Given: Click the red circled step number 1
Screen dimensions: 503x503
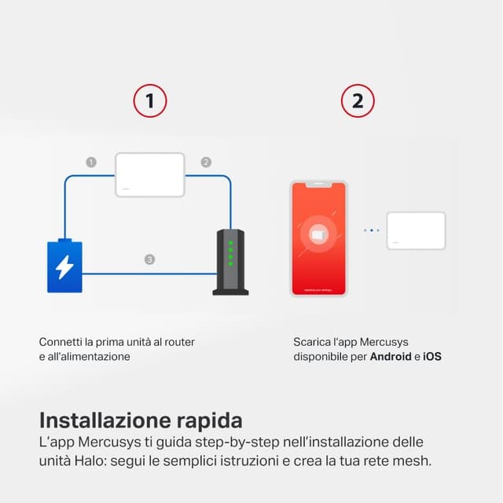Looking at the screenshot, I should [150, 101].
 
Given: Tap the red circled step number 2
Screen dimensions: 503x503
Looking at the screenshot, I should [358, 101].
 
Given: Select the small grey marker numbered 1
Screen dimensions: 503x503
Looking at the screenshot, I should [91, 162].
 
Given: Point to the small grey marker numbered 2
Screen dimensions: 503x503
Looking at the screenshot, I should [206, 162].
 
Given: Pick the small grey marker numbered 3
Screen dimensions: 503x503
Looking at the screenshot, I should [149, 259].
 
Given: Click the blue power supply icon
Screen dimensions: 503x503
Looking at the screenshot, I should [64, 266].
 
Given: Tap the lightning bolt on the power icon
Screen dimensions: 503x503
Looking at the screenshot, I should [64, 267].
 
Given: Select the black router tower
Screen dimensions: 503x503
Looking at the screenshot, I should [230, 262].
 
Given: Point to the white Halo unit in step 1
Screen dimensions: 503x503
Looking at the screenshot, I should [150, 174].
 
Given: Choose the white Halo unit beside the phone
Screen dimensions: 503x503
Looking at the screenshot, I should [416, 230].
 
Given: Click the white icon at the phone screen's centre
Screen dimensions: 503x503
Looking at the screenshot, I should [318, 234].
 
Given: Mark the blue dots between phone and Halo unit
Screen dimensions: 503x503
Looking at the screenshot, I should [372, 230].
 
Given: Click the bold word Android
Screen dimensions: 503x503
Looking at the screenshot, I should [391, 357].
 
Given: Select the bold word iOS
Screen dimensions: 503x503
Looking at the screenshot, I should [432, 357].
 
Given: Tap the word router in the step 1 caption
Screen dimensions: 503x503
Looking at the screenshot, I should [178, 342].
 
